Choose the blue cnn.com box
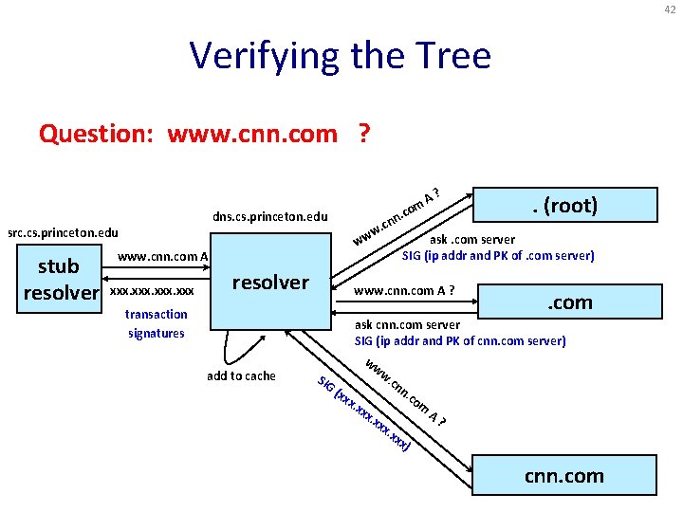(x=563, y=475)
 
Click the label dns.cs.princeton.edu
(x=270, y=216)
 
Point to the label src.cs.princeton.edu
(x=63, y=232)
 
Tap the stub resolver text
(x=60, y=277)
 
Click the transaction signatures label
(x=157, y=323)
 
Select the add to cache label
(x=241, y=375)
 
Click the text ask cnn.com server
(x=409, y=325)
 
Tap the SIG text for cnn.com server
(x=459, y=341)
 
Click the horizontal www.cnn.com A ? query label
(x=403, y=289)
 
